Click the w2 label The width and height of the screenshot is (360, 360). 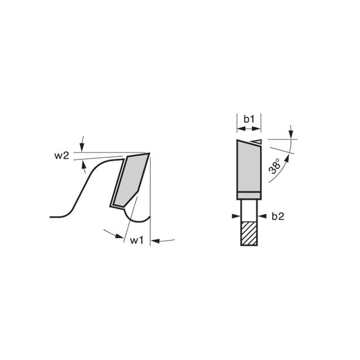click(x=62, y=156)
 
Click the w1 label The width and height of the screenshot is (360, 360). click(x=136, y=240)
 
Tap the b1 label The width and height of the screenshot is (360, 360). click(x=249, y=119)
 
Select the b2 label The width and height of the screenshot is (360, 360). click(x=277, y=216)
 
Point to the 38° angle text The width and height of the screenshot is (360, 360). click(x=275, y=168)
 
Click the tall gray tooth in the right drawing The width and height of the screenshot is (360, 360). click(x=249, y=167)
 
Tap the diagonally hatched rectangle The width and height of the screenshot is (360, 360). click(x=249, y=233)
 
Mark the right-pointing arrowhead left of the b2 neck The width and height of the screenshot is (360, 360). click(x=236, y=215)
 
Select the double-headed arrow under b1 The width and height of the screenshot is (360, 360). click(x=249, y=130)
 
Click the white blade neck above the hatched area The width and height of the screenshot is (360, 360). click(x=249, y=208)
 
